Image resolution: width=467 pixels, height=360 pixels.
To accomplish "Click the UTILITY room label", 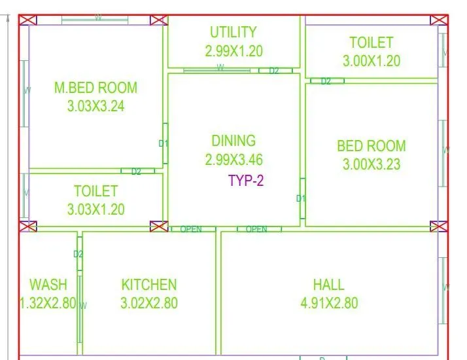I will click(x=233, y=32).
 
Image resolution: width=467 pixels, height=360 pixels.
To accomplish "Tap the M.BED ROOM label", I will click(x=95, y=88).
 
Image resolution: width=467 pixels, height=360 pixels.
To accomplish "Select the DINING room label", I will click(x=233, y=140).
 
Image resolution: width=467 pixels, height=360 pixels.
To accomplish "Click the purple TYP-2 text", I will click(x=246, y=181).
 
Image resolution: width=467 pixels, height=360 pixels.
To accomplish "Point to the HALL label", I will click(x=328, y=285).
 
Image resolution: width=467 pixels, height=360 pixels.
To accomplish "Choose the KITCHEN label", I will click(x=149, y=285).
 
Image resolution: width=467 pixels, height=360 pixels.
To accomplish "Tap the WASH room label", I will click(x=48, y=285).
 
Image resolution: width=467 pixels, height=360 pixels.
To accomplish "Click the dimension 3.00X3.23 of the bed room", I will click(x=372, y=164).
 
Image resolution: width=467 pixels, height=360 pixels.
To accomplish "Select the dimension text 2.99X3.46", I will click(x=233, y=159).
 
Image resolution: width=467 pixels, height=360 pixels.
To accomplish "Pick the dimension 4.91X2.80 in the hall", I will click(x=328, y=303).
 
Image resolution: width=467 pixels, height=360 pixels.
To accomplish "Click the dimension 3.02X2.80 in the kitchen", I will click(x=149, y=303).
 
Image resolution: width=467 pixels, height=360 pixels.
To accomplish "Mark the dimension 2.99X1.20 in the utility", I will click(x=233, y=50).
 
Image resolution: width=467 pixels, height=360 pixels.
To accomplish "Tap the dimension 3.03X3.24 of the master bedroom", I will click(x=95, y=106).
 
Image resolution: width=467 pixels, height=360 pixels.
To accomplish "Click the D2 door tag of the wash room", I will click(x=78, y=254).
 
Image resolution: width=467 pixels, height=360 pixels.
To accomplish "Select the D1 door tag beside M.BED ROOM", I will click(x=164, y=143).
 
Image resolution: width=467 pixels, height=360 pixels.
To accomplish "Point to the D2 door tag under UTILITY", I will click(x=274, y=71).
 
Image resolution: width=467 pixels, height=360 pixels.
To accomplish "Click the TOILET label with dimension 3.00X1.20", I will click(x=372, y=43).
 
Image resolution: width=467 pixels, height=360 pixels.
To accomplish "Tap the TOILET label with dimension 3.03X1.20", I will click(x=95, y=191).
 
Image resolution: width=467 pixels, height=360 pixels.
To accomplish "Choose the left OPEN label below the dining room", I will click(x=191, y=229).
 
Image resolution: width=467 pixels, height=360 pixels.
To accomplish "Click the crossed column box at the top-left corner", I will click(x=27, y=20).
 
